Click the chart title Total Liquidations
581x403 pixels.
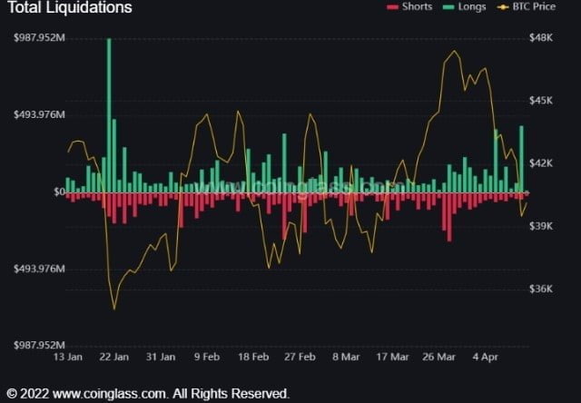coord(70,8)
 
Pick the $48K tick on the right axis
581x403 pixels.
coord(542,38)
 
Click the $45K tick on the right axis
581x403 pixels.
coord(542,101)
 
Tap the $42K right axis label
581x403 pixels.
coord(542,163)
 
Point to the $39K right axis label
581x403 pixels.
coord(542,226)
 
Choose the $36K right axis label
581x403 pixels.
coord(542,289)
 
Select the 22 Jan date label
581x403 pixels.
coord(113,358)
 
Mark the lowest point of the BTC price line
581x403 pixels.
coord(114,309)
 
